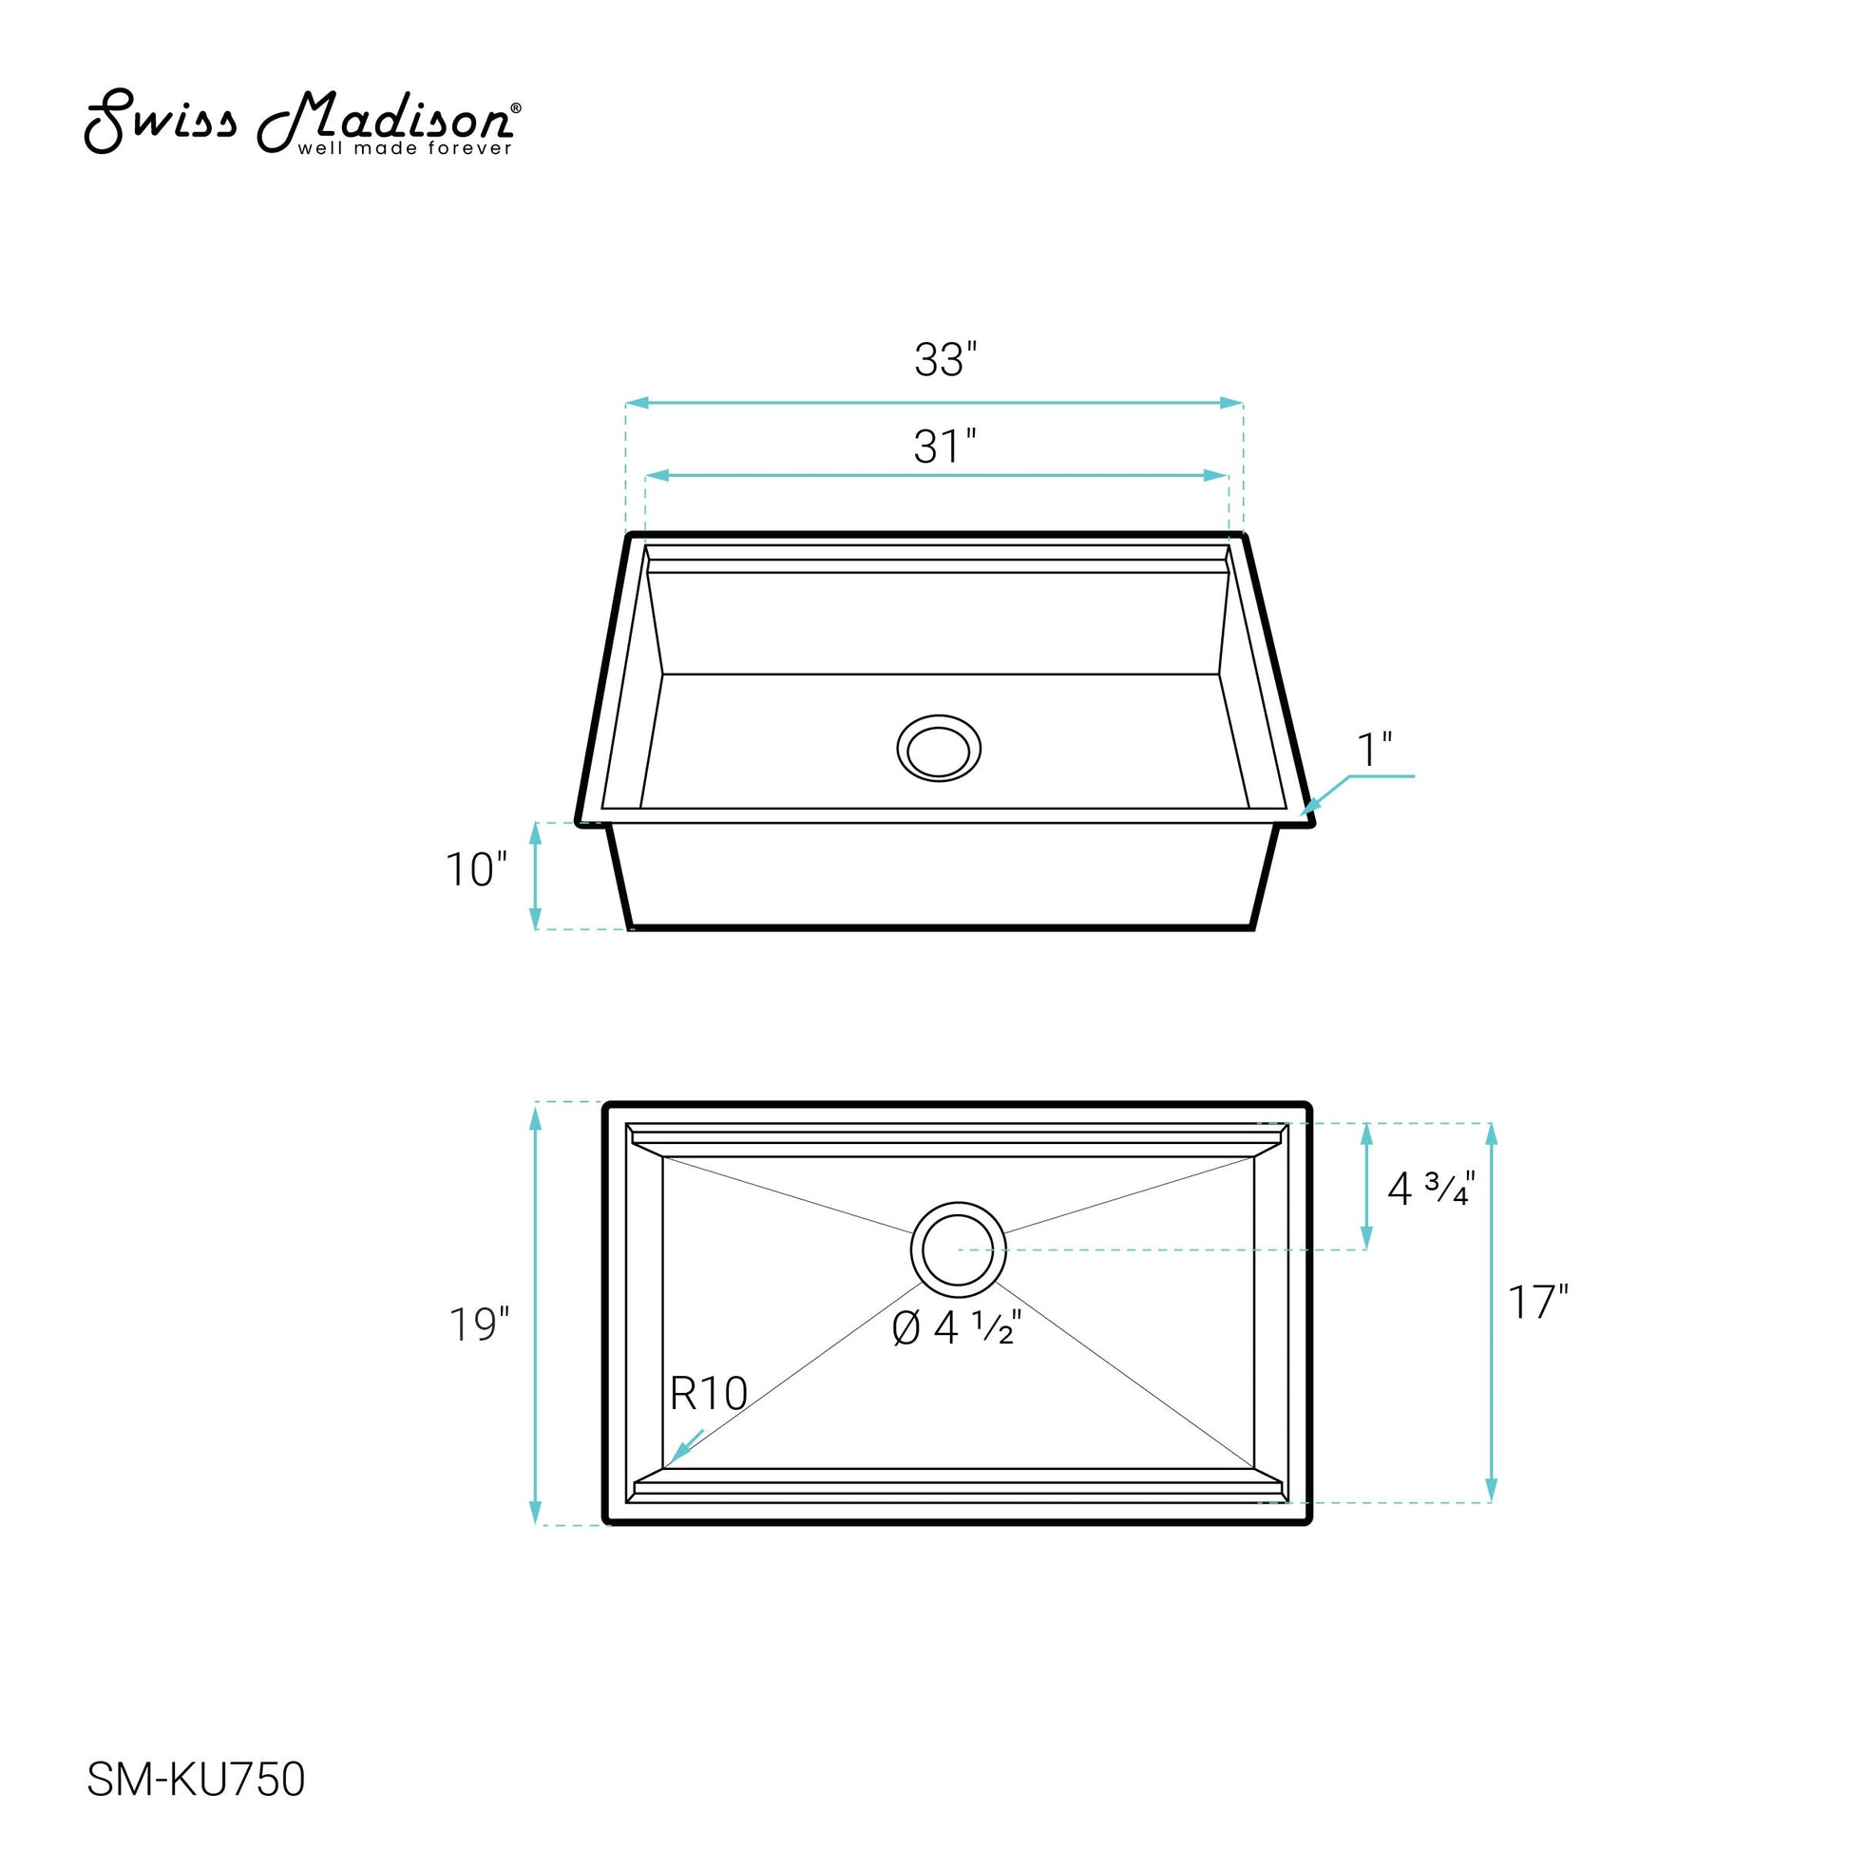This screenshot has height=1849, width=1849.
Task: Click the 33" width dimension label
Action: pos(944,360)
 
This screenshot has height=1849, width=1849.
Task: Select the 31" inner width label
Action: pos(944,447)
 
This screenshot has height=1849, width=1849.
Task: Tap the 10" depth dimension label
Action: pos(476,870)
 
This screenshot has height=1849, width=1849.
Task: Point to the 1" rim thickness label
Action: pos(1374,750)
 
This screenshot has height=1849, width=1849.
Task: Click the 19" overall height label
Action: pos(479,1325)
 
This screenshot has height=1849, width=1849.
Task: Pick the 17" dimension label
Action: pos(1538,1303)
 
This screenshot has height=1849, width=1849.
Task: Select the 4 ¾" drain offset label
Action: pos(1431,1189)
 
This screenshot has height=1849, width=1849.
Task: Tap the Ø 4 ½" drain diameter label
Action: pos(957,1328)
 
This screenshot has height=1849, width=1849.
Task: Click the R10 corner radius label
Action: pos(708,1394)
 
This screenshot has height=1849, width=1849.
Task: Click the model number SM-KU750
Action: pos(196,1779)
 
